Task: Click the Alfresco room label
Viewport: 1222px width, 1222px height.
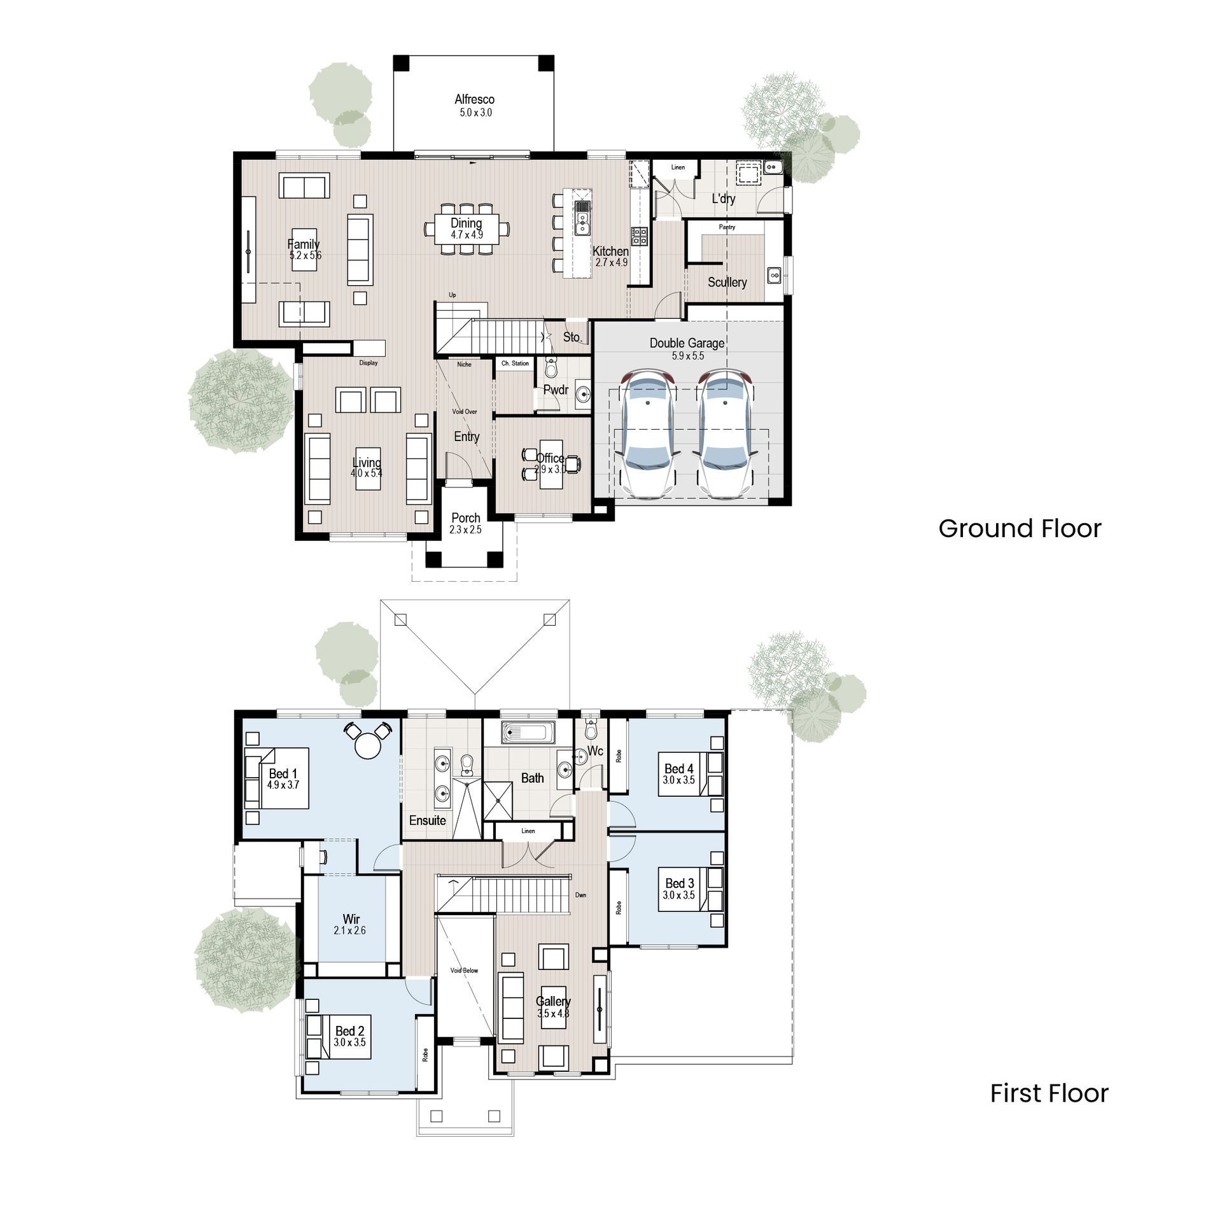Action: [474, 99]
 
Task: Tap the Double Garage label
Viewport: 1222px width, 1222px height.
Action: [687, 343]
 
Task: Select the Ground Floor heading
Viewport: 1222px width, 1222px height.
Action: [1019, 529]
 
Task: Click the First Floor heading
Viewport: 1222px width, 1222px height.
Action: [1049, 1093]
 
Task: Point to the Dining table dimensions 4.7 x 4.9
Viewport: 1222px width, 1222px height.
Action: [467, 235]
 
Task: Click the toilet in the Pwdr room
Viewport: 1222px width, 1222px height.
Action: [551, 367]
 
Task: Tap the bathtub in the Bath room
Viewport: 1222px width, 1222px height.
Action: [528, 733]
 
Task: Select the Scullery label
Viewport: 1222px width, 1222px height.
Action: [727, 282]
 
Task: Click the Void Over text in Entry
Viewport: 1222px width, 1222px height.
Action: [465, 412]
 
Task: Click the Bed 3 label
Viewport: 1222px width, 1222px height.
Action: [679, 883]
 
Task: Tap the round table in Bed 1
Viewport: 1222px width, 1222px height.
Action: [367, 745]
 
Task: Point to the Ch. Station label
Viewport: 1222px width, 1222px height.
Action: [515, 363]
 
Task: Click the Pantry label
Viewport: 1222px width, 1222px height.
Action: [727, 227]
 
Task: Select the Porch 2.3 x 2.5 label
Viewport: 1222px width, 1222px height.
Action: [465, 523]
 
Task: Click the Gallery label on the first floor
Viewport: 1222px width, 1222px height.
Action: [552, 1001]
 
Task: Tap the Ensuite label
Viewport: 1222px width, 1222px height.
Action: [427, 820]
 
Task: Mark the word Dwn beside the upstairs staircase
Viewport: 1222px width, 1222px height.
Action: [580, 895]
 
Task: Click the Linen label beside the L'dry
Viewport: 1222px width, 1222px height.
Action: [678, 167]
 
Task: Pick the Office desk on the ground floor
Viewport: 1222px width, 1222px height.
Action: [551, 465]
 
